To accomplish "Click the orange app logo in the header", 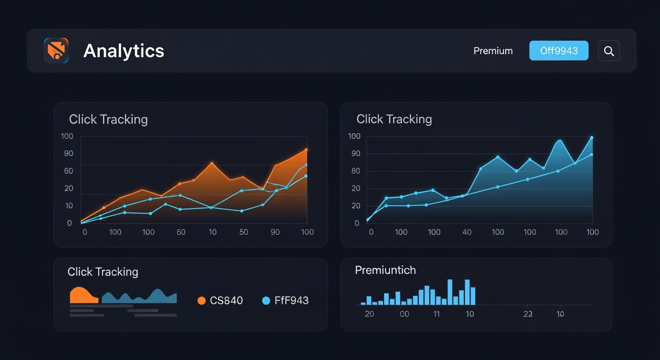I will [56, 51].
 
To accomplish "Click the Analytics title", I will [124, 51].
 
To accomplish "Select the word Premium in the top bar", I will [493, 51].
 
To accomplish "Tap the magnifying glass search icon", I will [609, 51].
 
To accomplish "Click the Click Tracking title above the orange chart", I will [108, 120].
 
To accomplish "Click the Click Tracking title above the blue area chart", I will [394, 119].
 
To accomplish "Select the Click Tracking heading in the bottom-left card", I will [103, 272].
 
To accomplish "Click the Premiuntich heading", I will [385, 270].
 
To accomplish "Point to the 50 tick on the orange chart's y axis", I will [68, 171].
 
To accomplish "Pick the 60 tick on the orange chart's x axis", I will [181, 232].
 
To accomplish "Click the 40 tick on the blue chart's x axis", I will [467, 232].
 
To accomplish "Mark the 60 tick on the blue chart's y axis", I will [355, 171].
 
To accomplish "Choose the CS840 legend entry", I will [220, 300].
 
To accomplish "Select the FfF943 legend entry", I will [285, 300].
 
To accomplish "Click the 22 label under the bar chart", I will [528, 314].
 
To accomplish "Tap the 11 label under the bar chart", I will [436, 314].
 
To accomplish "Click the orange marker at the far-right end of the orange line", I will [306, 150].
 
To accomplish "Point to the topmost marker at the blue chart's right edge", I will [592, 138].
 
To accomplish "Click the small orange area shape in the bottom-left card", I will [83, 296].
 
